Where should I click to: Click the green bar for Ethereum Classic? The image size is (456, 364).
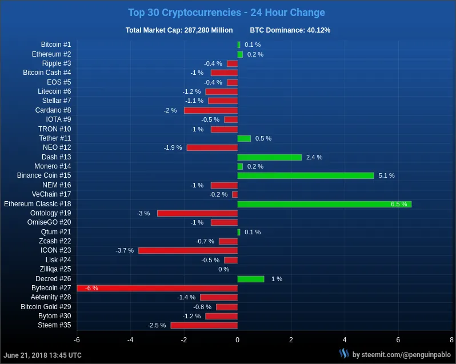pyautogui.click(x=324, y=204)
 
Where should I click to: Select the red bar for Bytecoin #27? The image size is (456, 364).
pyautogui.click(x=157, y=288)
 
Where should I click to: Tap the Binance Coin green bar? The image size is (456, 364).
pyautogui.click(x=305, y=175)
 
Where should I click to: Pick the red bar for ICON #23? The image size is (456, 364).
pyautogui.click(x=187, y=250)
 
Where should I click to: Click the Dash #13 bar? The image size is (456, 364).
pyautogui.click(x=269, y=157)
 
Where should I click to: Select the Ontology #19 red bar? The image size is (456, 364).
pyautogui.click(x=197, y=213)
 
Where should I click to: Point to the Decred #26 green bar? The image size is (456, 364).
pyautogui.click(x=250, y=279)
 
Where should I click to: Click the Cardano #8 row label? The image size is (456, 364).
pyautogui.click(x=53, y=110)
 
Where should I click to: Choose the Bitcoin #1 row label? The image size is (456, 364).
pyautogui.click(x=56, y=45)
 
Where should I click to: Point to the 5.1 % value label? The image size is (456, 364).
pyautogui.click(x=386, y=175)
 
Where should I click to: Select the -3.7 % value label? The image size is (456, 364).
pyautogui.click(x=124, y=250)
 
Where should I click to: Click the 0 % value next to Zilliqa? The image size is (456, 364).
pyautogui.click(x=223, y=269)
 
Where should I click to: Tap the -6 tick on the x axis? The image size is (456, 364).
pyautogui.click(x=76, y=340)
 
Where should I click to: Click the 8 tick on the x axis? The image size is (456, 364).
pyautogui.click(x=451, y=340)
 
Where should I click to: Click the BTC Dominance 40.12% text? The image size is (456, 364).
pyautogui.click(x=290, y=30)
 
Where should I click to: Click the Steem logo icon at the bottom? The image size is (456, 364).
pyautogui.click(x=344, y=354)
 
